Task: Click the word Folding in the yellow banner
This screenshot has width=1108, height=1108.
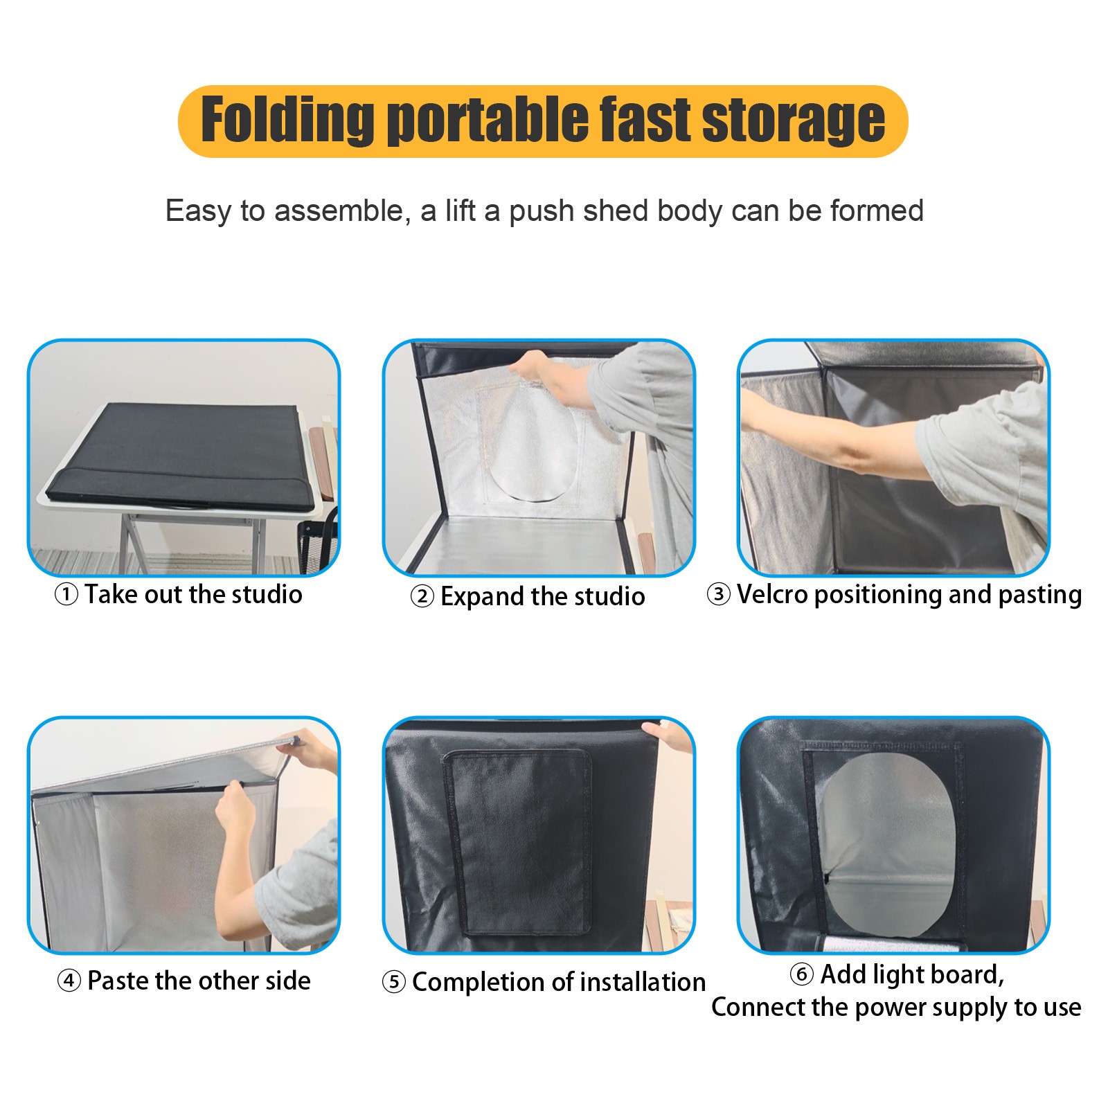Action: pyautogui.click(x=287, y=120)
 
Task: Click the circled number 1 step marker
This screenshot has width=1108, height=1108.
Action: pyautogui.click(x=66, y=595)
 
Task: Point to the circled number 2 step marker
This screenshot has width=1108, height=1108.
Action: pyautogui.click(x=422, y=596)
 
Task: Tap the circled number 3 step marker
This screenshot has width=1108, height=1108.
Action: pyautogui.click(x=718, y=594)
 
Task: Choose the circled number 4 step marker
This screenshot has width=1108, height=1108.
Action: pyautogui.click(x=69, y=981)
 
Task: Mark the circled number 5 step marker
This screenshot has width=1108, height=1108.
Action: pyautogui.click(x=393, y=982)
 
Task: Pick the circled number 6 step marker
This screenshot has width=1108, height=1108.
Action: pyautogui.click(x=801, y=974)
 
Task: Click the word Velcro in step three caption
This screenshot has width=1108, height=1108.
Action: pyautogui.click(x=771, y=594)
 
